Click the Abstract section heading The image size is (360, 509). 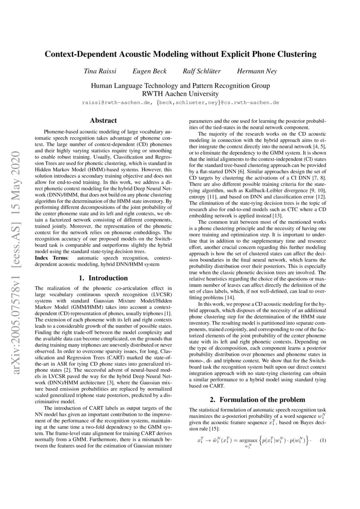click(103, 120)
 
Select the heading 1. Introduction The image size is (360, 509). click(103, 278)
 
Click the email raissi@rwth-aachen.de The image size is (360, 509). click(116, 103)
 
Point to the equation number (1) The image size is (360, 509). click(323, 440)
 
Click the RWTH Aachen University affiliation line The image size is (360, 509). click(180, 94)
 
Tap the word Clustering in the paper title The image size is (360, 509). click(293, 54)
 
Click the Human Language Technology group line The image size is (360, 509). click(180, 85)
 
